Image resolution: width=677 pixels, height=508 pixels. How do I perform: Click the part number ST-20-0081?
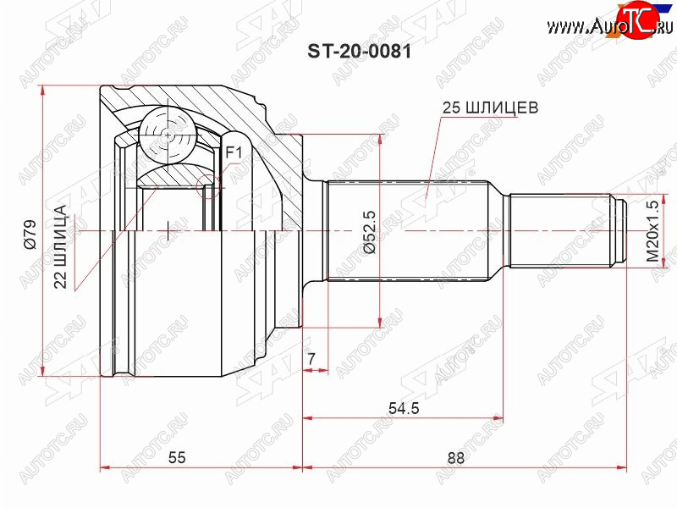[x=359, y=52]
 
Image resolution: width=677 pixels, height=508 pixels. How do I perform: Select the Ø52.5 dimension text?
[x=370, y=231]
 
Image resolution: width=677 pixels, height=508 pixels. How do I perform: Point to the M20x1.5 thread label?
[x=653, y=231]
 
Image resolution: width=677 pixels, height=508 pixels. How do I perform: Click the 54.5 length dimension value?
[x=404, y=408]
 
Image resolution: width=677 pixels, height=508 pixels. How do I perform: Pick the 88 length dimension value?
[x=456, y=458]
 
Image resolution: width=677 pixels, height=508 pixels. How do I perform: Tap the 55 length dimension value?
[x=177, y=457]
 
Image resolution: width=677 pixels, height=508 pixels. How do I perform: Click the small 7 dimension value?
[x=311, y=358]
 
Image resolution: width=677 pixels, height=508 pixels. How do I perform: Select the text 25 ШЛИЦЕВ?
[x=490, y=108]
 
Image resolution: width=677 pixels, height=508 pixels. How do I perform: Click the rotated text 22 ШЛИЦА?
[x=60, y=246]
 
